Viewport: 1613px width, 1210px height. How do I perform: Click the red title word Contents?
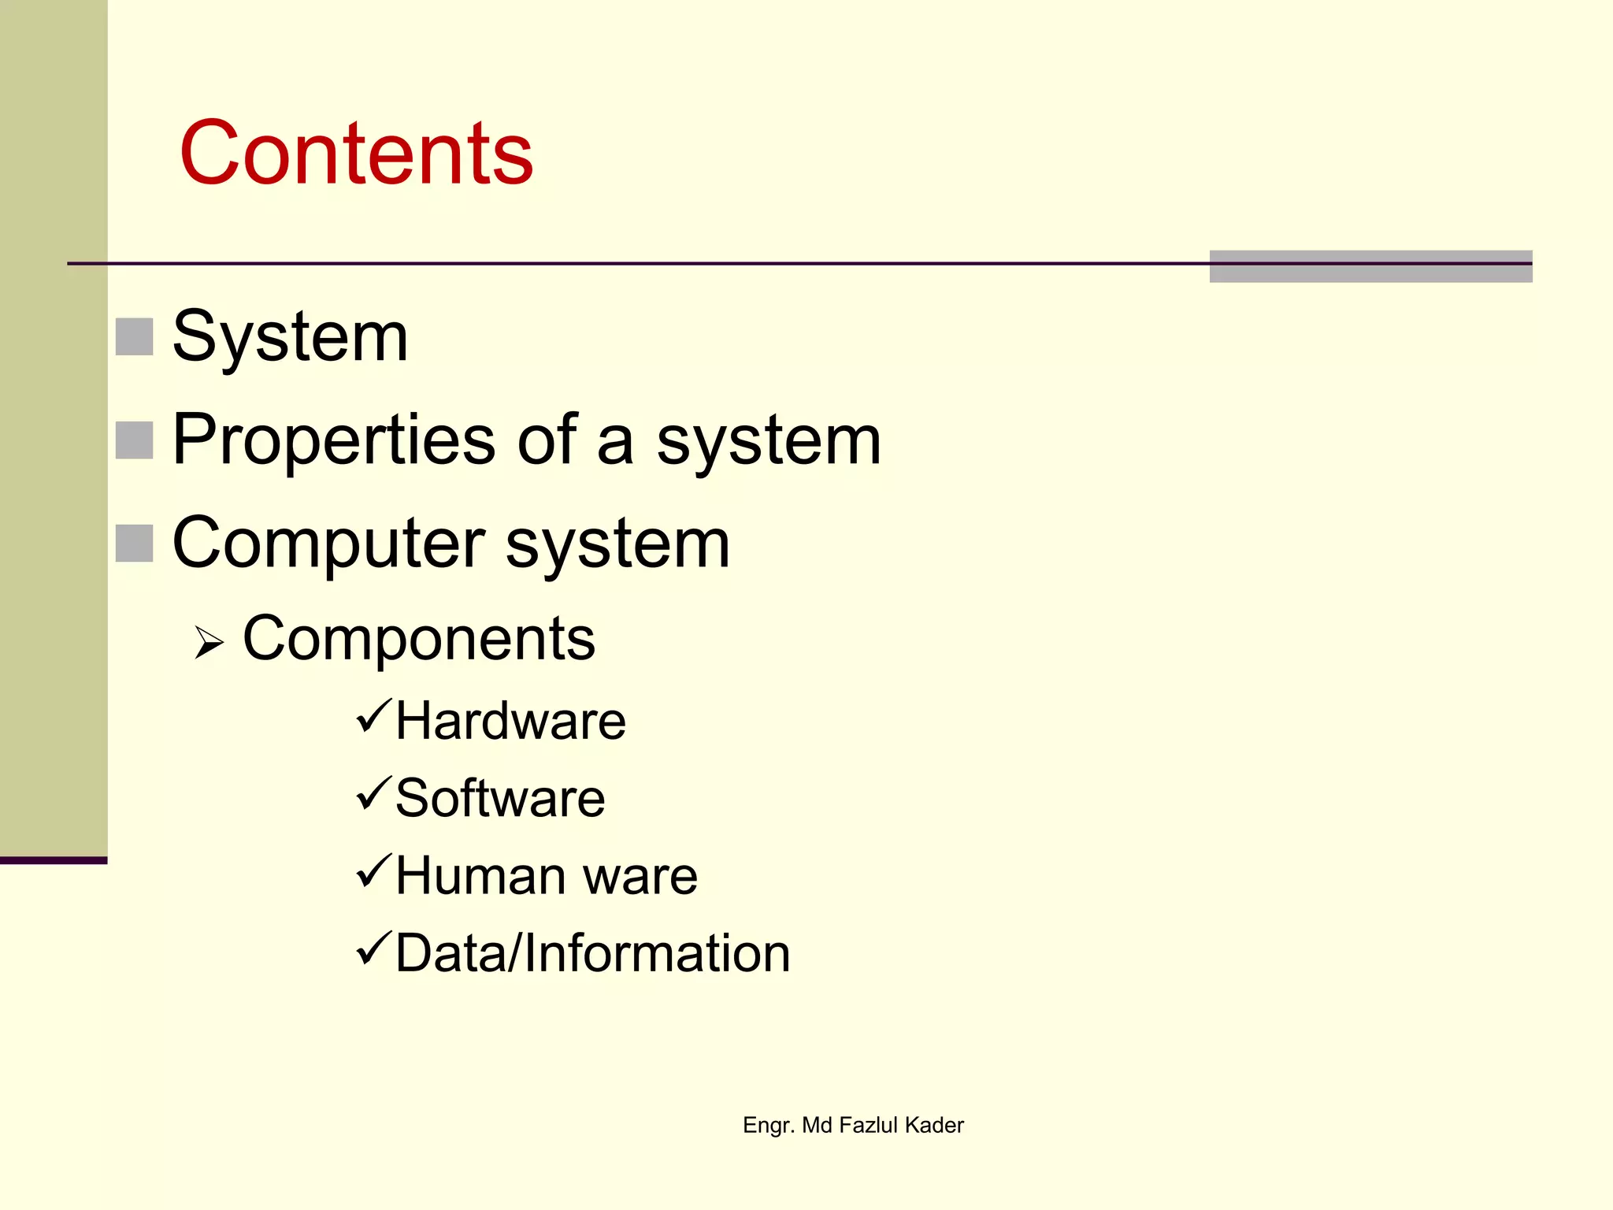[356, 153]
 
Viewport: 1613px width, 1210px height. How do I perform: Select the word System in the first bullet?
[290, 337]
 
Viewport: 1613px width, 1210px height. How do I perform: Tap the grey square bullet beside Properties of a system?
[134, 440]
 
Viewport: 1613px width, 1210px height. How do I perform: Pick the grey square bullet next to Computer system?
[134, 544]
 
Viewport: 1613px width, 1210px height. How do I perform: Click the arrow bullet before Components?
[209, 642]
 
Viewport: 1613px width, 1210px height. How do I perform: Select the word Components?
[418, 638]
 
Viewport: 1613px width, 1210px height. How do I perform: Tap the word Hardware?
[510, 721]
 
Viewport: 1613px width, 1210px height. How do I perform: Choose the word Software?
[500, 798]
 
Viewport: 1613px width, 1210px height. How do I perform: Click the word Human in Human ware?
[480, 875]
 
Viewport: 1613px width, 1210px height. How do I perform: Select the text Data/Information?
[592, 953]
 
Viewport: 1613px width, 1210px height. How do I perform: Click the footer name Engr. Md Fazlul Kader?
[853, 1125]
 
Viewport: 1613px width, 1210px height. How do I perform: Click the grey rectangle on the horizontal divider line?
[1370, 266]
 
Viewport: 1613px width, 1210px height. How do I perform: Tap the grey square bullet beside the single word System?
[134, 337]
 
